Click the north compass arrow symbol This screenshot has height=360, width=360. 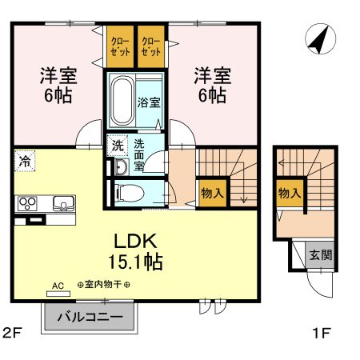320,39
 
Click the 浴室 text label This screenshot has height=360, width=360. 149,103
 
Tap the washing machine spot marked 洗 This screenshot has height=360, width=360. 117,146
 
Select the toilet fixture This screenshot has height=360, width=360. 128,193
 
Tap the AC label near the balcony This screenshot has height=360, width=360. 57,285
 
